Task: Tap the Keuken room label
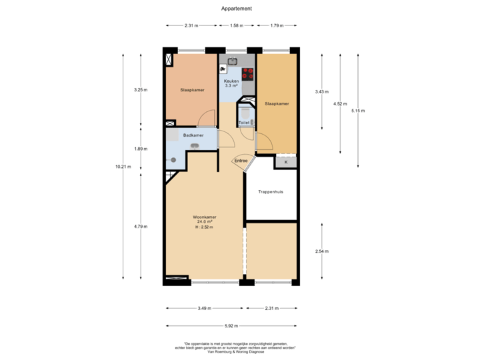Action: tap(231, 81)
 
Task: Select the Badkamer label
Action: tap(193, 135)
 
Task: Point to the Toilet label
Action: tap(243, 123)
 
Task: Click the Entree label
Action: tap(240, 161)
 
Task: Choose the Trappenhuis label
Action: tap(271, 192)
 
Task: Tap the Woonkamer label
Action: tap(205, 217)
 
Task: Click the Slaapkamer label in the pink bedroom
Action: tap(192, 89)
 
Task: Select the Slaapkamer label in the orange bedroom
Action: tap(277, 104)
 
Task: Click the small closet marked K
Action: tap(286, 162)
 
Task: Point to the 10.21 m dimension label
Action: tap(123, 167)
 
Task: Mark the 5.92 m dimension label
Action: tap(232, 326)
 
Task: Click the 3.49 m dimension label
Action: tap(205, 308)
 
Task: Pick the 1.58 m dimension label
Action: tap(236, 26)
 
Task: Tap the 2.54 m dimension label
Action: tap(322, 251)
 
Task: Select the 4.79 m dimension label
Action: tap(140, 227)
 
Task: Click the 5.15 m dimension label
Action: tap(358, 111)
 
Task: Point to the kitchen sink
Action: tap(233, 61)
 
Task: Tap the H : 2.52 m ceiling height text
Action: tap(205, 227)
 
